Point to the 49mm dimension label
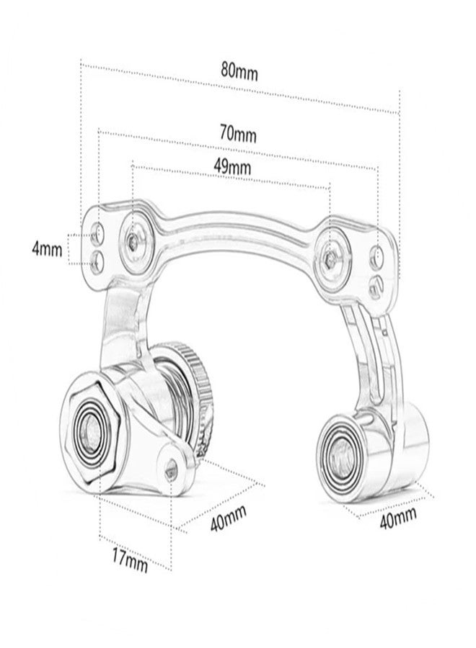pos(232,166)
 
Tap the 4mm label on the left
pos(46,249)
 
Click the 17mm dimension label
pos(130,559)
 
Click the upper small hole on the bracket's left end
pos(98,232)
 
